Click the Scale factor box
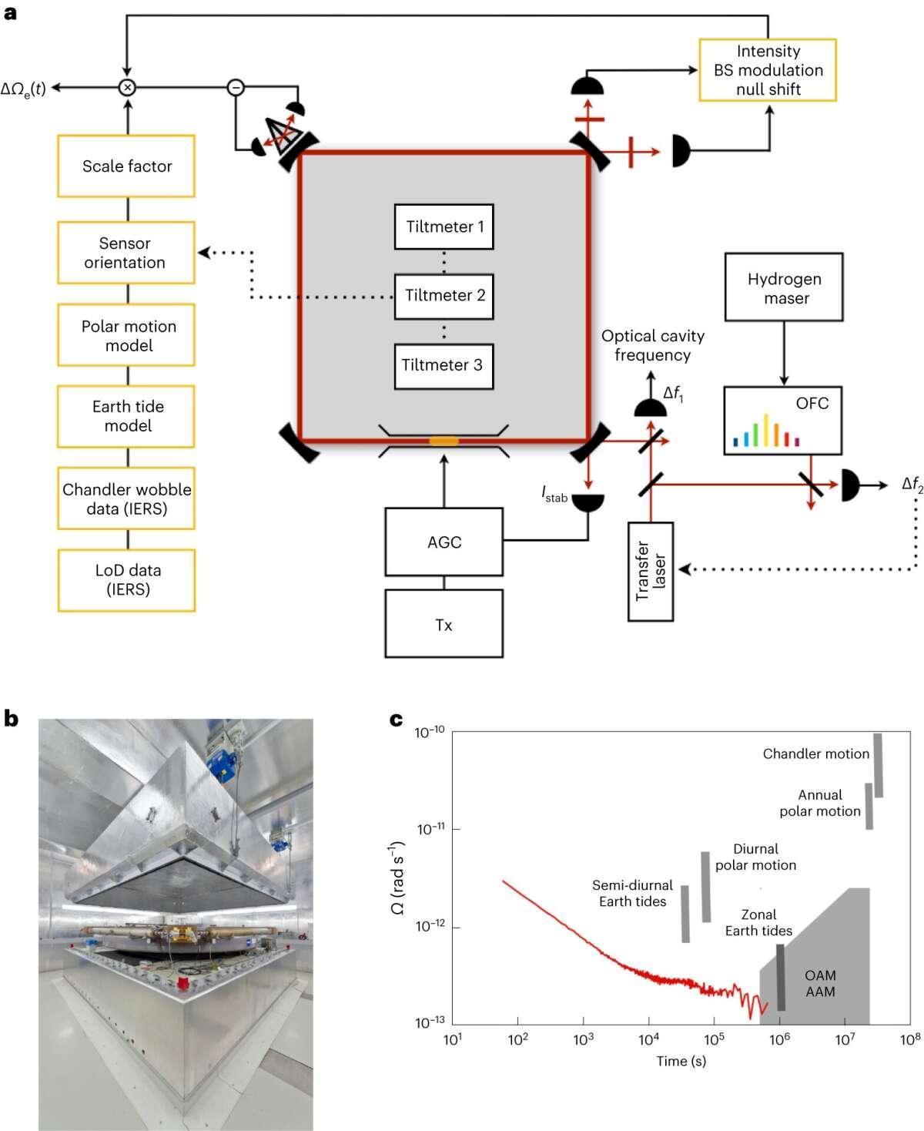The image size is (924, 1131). [126, 166]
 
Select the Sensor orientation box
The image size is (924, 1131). [126, 253]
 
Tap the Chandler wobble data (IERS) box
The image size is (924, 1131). [126, 498]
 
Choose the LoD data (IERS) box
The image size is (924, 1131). [126, 580]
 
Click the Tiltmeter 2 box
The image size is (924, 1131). [444, 296]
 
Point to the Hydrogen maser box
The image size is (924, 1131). [784, 287]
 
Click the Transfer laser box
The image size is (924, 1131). [651, 571]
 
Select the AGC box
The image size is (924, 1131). [444, 542]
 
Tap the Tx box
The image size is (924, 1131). [444, 624]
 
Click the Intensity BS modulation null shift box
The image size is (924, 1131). [768, 70]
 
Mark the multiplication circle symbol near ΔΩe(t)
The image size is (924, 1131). [128, 88]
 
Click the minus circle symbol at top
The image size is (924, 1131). [236, 88]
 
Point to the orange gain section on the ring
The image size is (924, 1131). [444, 441]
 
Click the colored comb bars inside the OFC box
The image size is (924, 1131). [766, 432]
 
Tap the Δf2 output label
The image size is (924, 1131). [912, 485]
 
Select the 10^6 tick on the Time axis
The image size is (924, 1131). [780, 1039]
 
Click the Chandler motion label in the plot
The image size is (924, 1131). [815, 753]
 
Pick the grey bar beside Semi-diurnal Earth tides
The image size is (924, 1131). [685, 914]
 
